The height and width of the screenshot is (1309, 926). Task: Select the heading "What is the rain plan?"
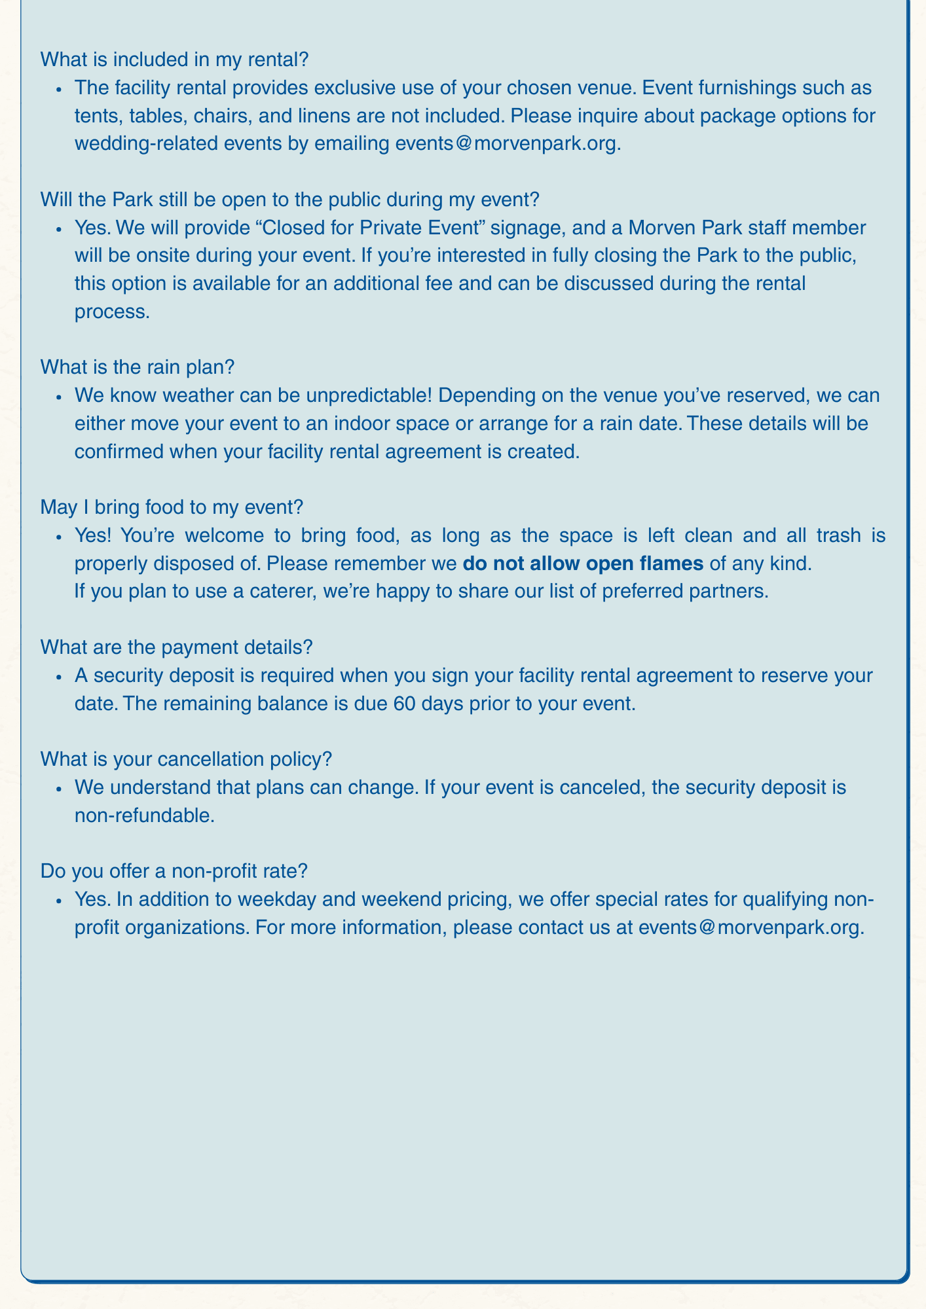(x=137, y=368)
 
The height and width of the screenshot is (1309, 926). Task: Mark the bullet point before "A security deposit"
(x=59, y=676)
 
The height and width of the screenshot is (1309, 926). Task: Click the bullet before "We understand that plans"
(x=59, y=787)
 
